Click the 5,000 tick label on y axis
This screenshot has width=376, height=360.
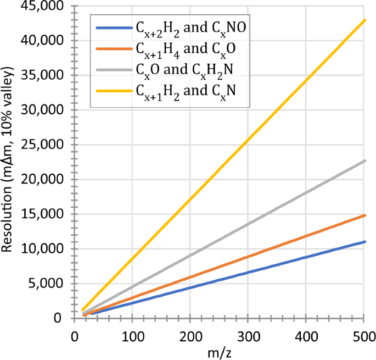[48, 284]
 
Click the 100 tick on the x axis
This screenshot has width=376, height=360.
[132, 335]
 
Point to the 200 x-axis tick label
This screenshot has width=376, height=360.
[190, 335]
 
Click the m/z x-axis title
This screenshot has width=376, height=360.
[219, 352]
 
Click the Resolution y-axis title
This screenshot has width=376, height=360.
[8, 159]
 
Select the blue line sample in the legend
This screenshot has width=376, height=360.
[113, 27]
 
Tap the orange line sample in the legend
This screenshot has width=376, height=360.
[113, 48]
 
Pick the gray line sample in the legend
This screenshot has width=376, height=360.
[113, 70]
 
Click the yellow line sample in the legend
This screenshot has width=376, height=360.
[113, 91]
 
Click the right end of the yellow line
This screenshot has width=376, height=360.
[364, 20]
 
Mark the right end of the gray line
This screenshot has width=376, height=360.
[364, 160]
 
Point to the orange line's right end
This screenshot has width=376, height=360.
[364, 215]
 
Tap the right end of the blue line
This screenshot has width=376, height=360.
[364, 241]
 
